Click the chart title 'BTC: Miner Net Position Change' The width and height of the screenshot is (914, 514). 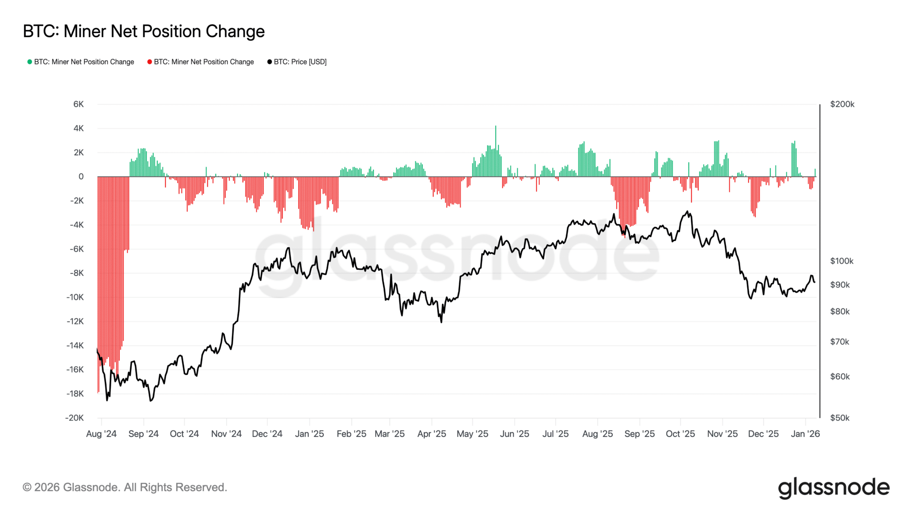click(x=144, y=32)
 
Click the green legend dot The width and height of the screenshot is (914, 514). click(x=29, y=62)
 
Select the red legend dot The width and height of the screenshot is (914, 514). click(x=150, y=62)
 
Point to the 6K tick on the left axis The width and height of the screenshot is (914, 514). click(x=79, y=104)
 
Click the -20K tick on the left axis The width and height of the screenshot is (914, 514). click(x=75, y=418)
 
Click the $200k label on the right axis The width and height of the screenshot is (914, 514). click(x=842, y=104)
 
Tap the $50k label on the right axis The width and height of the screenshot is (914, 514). click(x=839, y=418)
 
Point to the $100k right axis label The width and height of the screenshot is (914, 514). click(x=842, y=261)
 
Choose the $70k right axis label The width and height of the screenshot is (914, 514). click(x=839, y=342)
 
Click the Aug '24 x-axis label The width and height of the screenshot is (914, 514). click(x=101, y=434)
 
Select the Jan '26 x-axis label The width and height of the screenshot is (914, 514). click(x=805, y=434)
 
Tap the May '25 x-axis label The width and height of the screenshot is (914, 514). click(x=472, y=434)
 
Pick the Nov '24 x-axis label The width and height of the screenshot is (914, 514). click(x=226, y=434)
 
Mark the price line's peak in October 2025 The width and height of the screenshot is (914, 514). click(x=687, y=211)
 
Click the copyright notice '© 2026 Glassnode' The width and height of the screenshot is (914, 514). click(x=125, y=487)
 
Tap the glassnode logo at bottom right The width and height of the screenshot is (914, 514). click(x=834, y=488)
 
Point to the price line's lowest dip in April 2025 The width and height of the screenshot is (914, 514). click(x=441, y=322)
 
